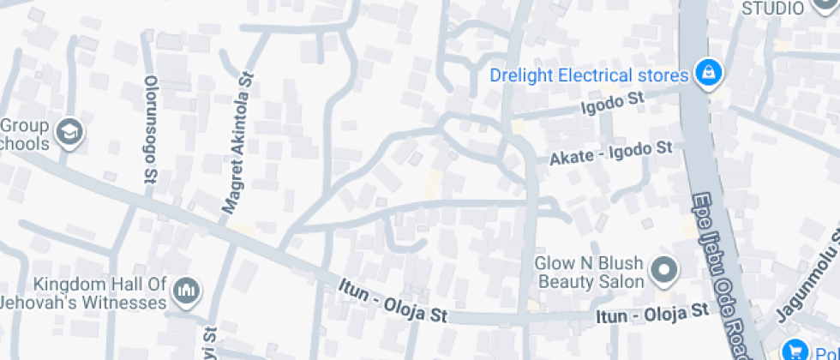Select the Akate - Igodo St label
click(x=611, y=154)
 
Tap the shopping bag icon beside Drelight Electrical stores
click(x=708, y=75)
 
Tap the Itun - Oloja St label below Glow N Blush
click(x=654, y=314)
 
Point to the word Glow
click(x=552, y=263)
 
